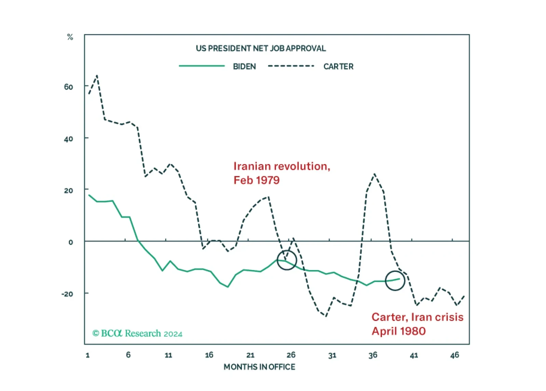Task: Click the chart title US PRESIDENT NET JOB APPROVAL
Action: point(261,48)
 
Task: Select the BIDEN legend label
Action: point(245,67)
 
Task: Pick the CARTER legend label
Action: point(338,67)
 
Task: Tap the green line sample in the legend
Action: point(202,66)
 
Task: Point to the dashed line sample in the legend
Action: point(291,66)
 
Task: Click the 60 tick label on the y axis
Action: point(68,87)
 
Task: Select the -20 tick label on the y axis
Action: point(67,294)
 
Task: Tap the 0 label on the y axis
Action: point(71,242)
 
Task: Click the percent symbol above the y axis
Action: point(70,37)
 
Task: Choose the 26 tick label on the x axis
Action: point(291,355)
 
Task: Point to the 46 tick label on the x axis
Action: point(454,355)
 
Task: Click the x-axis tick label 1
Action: point(88,355)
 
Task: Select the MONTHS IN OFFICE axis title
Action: point(259,367)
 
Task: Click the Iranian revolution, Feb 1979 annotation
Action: point(282,173)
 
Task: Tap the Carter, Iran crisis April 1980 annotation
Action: point(418,324)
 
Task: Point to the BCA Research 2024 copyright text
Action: point(137,333)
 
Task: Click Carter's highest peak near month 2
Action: point(97,76)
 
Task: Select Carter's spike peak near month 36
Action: point(374,174)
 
